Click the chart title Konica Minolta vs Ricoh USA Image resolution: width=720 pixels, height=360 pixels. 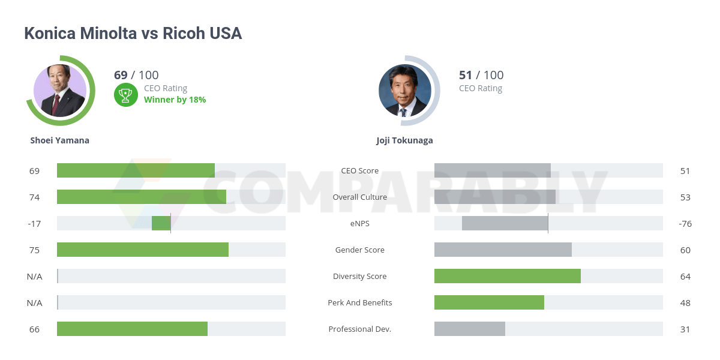[133, 34]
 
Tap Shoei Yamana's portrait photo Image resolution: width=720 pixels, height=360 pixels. [60, 91]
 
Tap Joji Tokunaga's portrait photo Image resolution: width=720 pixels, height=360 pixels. [405, 91]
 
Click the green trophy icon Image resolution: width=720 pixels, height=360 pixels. [126, 94]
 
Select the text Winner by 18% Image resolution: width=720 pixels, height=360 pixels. [175, 100]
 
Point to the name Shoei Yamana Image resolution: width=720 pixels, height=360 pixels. [60, 140]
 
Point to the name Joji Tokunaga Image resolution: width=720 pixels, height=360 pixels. [404, 140]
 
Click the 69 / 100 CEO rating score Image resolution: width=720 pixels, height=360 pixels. [136, 75]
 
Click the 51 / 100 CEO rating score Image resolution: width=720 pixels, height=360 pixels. [481, 75]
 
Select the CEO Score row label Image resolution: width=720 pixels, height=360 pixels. [359, 170]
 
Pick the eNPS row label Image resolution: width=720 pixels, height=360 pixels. [359, 223]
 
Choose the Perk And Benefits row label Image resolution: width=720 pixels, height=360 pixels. [359, 302]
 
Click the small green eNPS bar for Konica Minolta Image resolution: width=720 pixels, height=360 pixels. [161, 223]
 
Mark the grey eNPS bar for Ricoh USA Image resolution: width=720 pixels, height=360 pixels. [505, 223]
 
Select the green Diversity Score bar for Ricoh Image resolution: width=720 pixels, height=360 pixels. [507, 276]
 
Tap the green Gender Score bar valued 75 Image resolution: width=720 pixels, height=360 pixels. [143, 250]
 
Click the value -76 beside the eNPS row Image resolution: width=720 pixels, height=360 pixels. [685, 223]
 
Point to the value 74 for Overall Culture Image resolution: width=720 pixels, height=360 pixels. [34, 197]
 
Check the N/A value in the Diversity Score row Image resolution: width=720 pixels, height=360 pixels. [34, 276]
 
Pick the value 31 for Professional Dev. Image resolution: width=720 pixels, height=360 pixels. [685, 329]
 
